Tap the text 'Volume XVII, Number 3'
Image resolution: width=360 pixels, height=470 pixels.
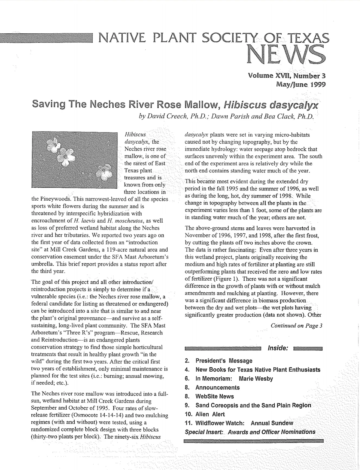(287, 75)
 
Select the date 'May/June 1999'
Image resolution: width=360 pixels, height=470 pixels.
(301, 84)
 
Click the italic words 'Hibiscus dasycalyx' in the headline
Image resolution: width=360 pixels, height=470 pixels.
(271, 105)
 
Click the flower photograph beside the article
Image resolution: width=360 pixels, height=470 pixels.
(75, 160)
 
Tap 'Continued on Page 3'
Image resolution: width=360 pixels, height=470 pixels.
(296, 325)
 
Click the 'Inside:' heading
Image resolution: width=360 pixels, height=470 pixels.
(278, 348)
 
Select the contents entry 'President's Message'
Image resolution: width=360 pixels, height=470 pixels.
(224, 361)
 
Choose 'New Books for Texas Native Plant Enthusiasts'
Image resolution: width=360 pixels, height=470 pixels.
(258, 370)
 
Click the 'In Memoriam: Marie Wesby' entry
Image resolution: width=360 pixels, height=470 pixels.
(234, 379)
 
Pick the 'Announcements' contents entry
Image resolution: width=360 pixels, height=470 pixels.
(217, 387)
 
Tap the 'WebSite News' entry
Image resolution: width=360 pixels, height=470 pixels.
(214, 396)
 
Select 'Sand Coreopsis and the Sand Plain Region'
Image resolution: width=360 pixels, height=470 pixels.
(253, 405)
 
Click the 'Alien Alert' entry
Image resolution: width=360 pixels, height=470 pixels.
(210, 414)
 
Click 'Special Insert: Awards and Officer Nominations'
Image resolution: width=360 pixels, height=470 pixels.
(250, 432)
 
